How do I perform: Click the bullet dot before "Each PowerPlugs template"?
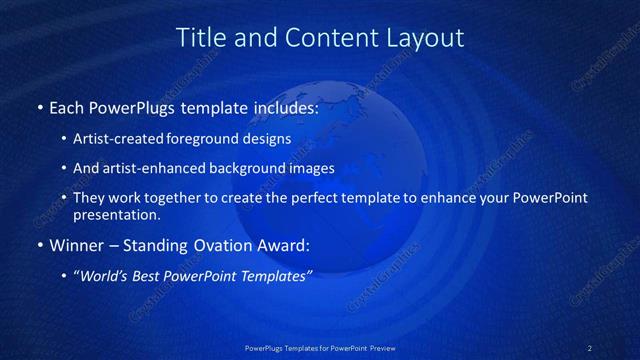[x=39, y=107]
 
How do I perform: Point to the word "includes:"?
[x=282, y=107]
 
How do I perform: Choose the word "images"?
[x=310, y=168]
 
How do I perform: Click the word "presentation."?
[x=116, y=214]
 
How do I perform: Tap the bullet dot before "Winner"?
[x=39, y=245]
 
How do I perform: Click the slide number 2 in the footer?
[x=589, y=348]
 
